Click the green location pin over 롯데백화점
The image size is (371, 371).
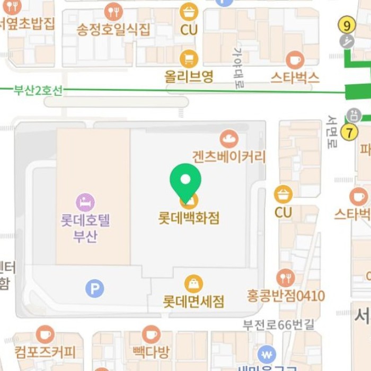[x=185, y=181]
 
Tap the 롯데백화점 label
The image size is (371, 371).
[x=189, y=218]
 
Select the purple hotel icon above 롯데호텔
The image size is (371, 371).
[x=85, y=202]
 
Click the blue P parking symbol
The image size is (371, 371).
[x=95, y=288]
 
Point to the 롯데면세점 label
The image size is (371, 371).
[x=193, y=301]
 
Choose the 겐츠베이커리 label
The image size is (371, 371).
[x=229, y=156]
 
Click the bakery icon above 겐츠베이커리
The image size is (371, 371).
[x=229, y=139]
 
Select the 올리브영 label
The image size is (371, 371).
[x=189, y=76]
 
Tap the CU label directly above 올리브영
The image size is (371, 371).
[x=189, y=29]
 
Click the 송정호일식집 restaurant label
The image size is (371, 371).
[x=113, y=29]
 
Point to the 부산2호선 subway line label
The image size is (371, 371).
[x=38, y=90]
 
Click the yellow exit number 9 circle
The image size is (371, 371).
[x=347, y=25]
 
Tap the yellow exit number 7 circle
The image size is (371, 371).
[x=349, y=132]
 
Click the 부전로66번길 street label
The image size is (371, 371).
[x=278, y=324]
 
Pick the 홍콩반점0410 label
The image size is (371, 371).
[x=286, y=295]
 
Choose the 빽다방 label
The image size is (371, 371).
[x=151, y=351]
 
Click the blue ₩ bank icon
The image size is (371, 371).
[x=267, y=355]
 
